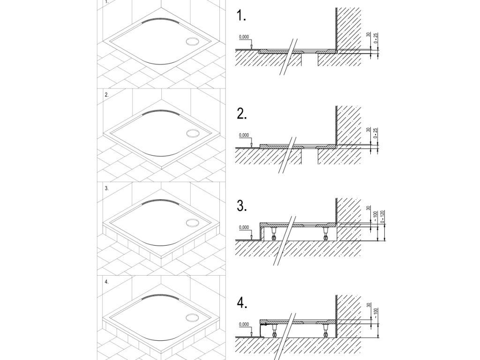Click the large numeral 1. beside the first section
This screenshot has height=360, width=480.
pyautogui.click(x=241, y=16)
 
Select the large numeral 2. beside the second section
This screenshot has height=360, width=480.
pyautogui.click(x=242, y=114)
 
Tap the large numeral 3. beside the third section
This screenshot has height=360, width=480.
pyautogui.click(x=242, y=206)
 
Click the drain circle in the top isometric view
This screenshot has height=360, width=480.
pyautogui.click(x=192, y=41)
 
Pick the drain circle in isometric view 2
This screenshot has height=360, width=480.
pyautogui.click(x=192, y=133)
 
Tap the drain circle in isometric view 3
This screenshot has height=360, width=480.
pyautogui.click(x=192, y=224)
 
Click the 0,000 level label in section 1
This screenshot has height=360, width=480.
pyautogui.click(x=244, y=37)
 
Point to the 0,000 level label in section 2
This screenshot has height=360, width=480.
pyautogui.click(x=244, y=135)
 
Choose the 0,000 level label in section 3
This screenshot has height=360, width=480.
pyautogui.click(x=244, y=227)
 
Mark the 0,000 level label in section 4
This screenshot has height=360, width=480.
pyautogui.click(x=244, y=324)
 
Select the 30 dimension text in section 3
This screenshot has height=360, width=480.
pyautogui.click(x=368, y=210)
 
